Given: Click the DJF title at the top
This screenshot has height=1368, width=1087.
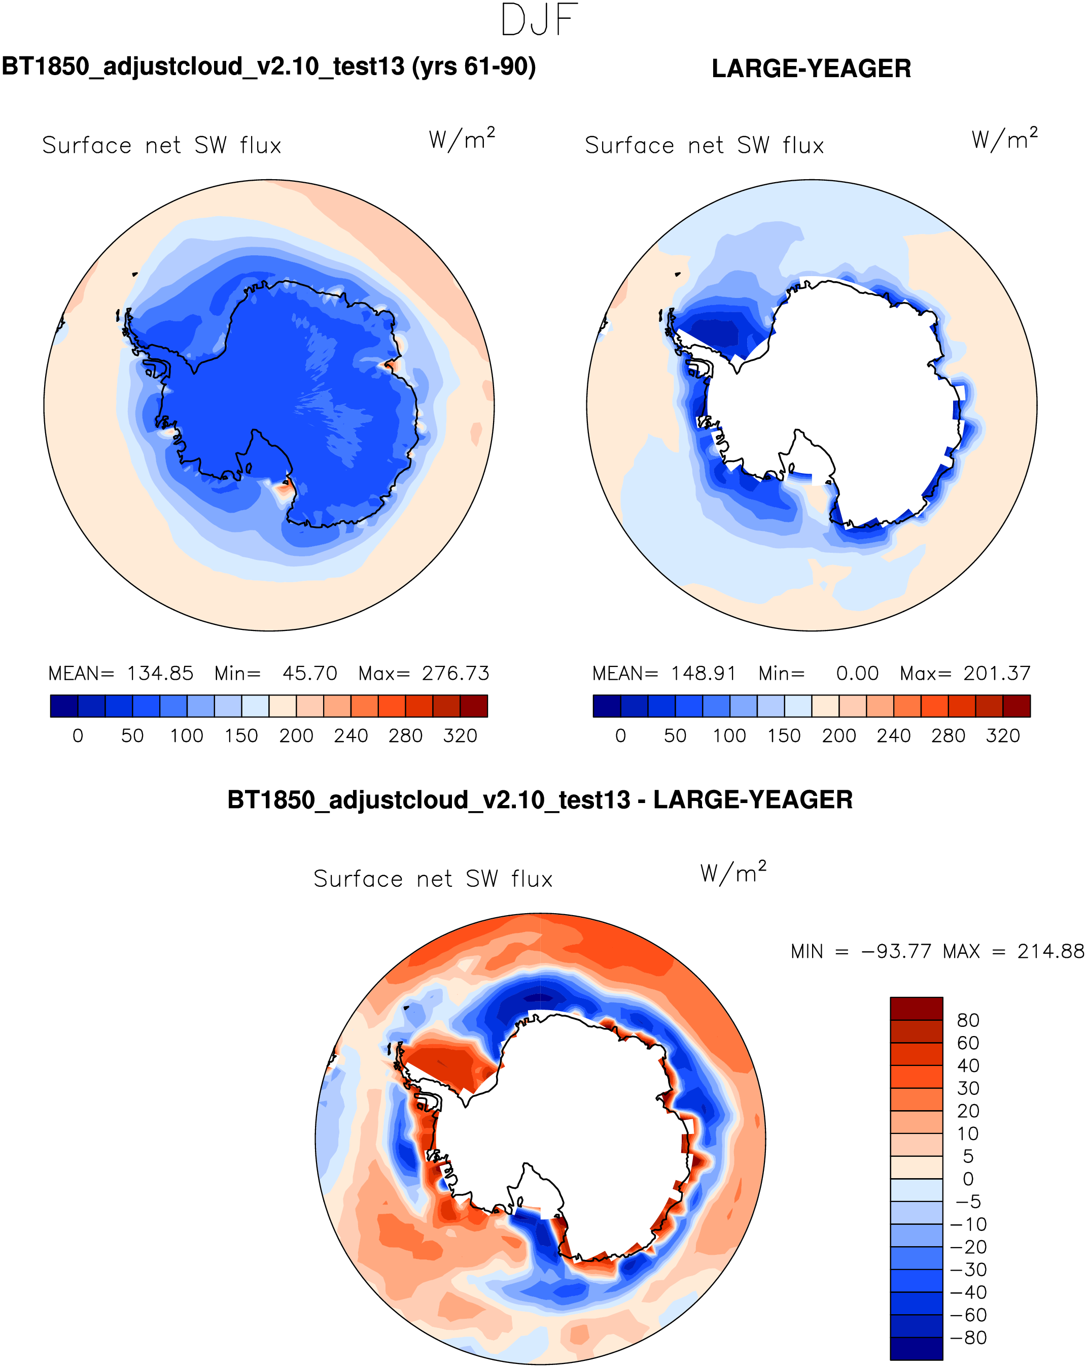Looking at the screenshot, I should coord(539,20).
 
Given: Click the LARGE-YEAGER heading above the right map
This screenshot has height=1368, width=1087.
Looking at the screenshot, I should coord(811,69).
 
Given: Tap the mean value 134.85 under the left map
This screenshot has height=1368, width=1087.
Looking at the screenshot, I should coord(160,673).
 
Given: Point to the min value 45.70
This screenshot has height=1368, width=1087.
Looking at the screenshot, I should coord(309,673).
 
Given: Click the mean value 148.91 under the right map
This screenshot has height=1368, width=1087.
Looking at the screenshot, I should coord(704,673).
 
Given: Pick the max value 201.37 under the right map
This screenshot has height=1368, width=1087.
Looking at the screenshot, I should coord(997,673).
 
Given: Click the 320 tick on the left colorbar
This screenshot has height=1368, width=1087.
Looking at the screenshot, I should coord(460,736).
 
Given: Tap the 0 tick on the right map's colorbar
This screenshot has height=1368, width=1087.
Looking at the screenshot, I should coord(620,736).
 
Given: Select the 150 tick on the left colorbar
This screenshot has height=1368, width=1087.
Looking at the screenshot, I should coord(241,736).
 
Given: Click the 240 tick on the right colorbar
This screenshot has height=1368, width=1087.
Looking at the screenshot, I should coord(894,736).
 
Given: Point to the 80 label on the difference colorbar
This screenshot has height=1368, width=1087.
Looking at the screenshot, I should coord(968,1020).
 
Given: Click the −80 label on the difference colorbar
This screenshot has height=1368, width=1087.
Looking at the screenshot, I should coord(968,1338).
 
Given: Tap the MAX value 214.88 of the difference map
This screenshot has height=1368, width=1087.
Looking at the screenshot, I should coord(1051,952).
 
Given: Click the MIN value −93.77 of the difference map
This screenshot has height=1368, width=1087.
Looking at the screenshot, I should coord(896,952).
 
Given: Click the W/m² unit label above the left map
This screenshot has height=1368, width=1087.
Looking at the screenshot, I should coord(462,138).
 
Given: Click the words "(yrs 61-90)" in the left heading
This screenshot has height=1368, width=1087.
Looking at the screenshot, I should coord(474,66).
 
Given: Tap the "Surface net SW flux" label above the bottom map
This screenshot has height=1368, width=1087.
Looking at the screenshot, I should coord(433,879).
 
